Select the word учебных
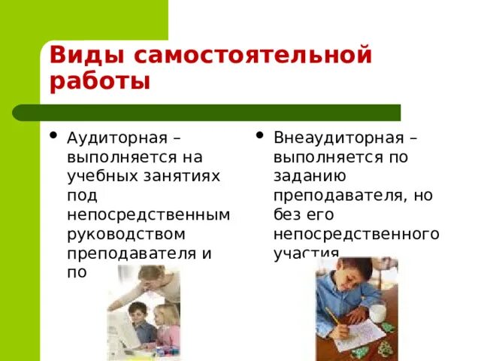pyautogui.click(x=98, y=176)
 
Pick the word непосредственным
pyautogui.click(x=148, y=214)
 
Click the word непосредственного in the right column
pyautogui.click(x=356, y=233)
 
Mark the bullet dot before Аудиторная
pyautogui.click(x=53, y=136)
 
